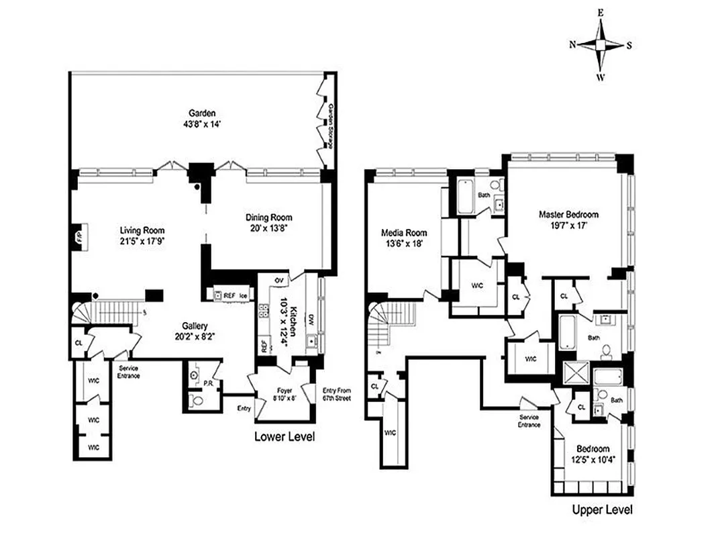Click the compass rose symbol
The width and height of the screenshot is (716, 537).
coord(601,45)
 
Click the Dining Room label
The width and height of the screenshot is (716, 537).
coord(268,217)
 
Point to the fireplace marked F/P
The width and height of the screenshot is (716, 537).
coord(78,238)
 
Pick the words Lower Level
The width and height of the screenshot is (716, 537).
coord(284,437)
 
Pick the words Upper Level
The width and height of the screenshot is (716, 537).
coord(601,509)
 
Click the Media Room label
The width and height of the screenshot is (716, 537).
coord(403,233)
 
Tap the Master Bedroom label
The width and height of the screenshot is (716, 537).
coord(568,215)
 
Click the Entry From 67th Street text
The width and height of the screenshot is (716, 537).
coord(336,394)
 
